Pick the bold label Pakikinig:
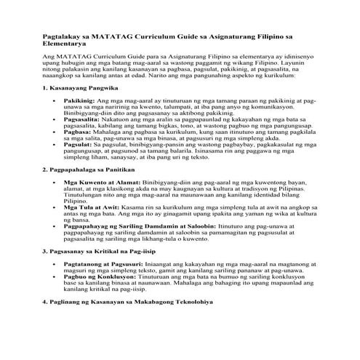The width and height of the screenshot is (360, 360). pyautogui.click(x=79, y=99)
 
